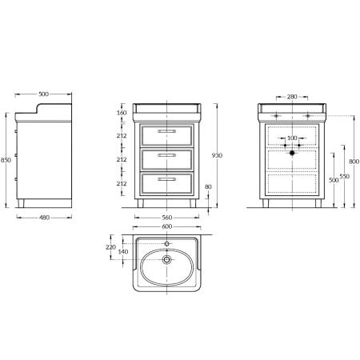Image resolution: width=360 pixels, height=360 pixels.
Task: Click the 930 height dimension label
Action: coord(217,155)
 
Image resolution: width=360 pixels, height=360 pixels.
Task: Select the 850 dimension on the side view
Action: coord(6,160)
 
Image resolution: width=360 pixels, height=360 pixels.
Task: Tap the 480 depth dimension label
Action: coord(44,218)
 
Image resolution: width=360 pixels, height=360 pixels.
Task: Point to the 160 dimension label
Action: coord(122,113)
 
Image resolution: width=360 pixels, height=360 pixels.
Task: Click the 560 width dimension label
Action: coord(167,218)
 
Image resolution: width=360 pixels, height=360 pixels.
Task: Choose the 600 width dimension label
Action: coord(167,226)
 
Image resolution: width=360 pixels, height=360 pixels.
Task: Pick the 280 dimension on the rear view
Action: coord(292,97)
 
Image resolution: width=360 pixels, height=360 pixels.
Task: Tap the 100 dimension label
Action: coord(292,138)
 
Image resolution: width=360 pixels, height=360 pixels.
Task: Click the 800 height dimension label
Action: coord(354,162)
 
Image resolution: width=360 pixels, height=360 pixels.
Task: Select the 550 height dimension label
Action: coord(345,176)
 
